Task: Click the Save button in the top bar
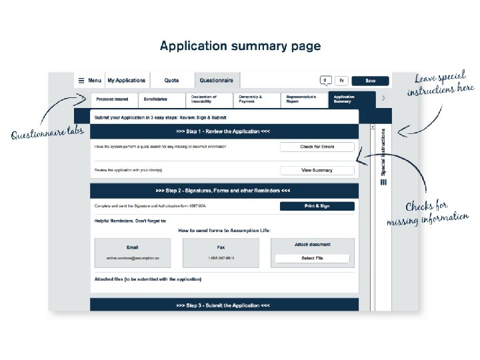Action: pos(370,81)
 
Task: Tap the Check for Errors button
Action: pos(317,147)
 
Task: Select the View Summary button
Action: pos(317,170)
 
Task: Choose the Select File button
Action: pos(312,258)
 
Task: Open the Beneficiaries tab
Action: pos(155,99)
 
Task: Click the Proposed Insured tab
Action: pos(112,99)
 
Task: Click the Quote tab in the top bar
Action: pos(172,81)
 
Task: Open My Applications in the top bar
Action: pos(126,81)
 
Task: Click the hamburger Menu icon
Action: pos(81,81)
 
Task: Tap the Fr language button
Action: pos(341,81)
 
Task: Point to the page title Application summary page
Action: pos(240,46)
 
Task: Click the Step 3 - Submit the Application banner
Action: pos(223,305)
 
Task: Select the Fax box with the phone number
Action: pos(221,253)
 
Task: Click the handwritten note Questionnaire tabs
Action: pos(47,133)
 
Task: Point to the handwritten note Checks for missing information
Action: pos(427,212)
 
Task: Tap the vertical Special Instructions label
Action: pos(383,153)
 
